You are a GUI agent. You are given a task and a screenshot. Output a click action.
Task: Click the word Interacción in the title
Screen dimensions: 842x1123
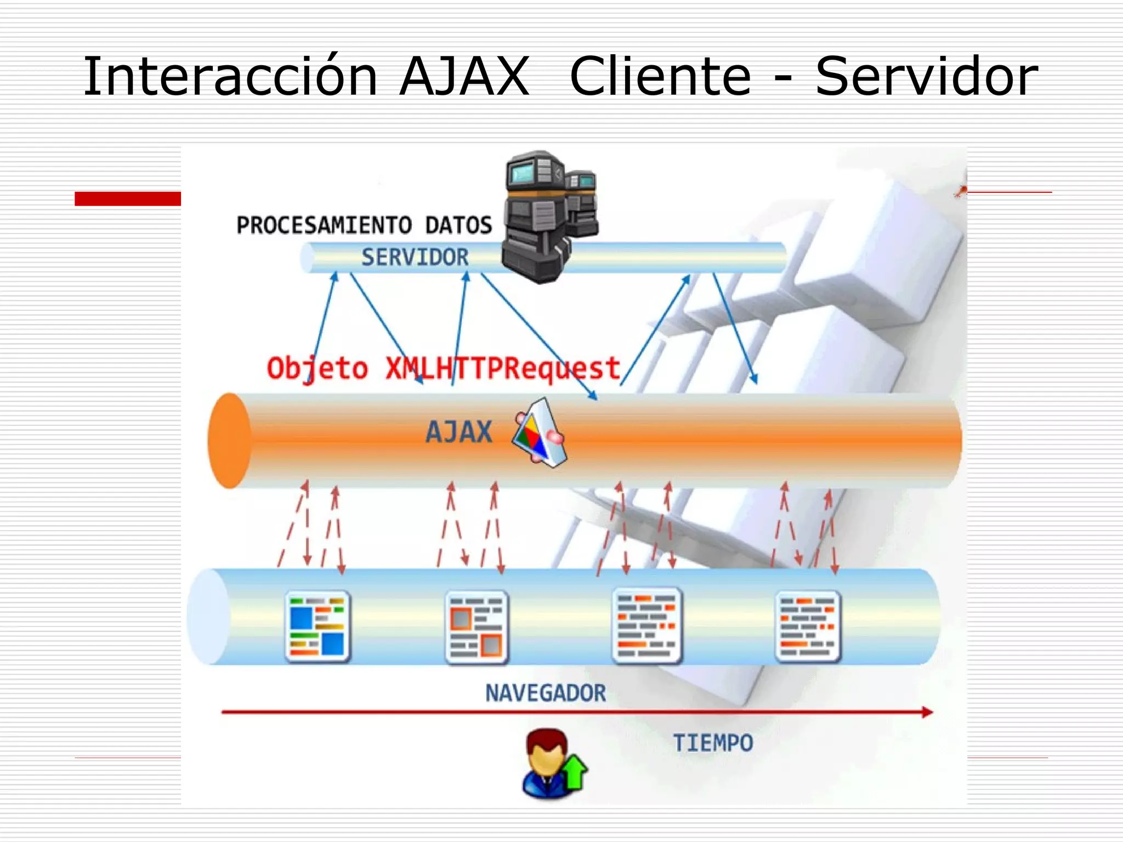230,77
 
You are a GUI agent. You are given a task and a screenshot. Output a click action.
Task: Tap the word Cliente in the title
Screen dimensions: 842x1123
660,77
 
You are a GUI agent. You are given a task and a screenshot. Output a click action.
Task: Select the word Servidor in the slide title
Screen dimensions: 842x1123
927,77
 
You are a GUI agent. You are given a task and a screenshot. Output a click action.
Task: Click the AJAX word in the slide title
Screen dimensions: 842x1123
464,77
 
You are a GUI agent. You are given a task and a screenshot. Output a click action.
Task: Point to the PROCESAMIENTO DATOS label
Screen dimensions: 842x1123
364,225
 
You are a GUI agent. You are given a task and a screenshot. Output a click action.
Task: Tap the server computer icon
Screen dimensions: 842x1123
548,216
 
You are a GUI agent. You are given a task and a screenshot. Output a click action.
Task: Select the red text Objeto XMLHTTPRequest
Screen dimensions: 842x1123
443,368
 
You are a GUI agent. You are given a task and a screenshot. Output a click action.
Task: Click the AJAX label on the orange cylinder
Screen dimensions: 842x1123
459,432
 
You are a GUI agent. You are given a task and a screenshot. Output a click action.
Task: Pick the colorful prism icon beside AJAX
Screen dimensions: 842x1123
539,433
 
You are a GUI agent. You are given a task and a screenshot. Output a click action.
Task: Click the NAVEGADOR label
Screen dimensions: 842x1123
546,693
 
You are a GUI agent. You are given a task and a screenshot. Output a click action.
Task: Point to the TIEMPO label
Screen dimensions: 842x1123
713,743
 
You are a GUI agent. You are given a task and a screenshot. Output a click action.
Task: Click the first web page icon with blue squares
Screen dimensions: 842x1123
318,626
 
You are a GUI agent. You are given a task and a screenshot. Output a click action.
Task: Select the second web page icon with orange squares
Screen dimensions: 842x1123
477,627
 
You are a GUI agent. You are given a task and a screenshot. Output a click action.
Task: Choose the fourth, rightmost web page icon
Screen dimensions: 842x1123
808,626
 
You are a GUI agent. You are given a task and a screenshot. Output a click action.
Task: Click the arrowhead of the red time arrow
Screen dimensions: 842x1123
927,712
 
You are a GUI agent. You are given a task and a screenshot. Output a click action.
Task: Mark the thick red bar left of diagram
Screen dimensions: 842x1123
128,198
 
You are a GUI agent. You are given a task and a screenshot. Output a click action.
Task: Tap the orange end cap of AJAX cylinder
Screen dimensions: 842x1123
229,440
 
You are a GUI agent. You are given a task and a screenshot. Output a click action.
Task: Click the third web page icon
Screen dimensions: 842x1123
646,625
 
